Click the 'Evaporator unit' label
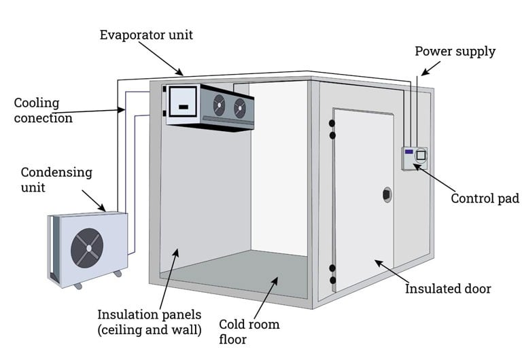[146, 34]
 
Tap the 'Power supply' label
[455, 52]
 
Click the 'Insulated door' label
[448, 289]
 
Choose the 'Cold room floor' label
[249, 331]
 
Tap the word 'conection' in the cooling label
[43, 118]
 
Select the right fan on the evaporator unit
[239, 107]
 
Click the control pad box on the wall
[413, 158]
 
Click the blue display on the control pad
[408, 151]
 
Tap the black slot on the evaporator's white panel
[183, 107]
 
